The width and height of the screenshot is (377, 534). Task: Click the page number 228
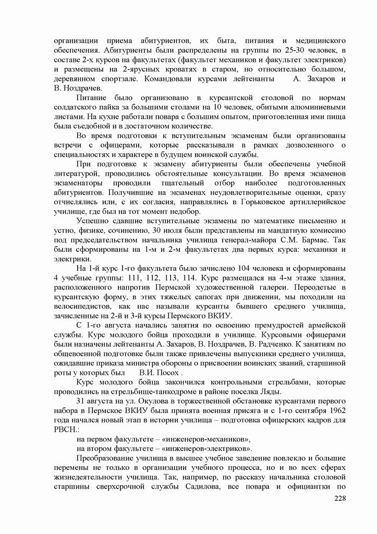[339, 499]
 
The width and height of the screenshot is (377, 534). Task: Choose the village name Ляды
[272, 392]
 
